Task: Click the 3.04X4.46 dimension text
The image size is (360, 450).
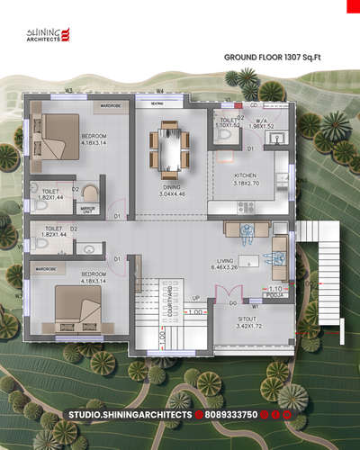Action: (x=170, y=193)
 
